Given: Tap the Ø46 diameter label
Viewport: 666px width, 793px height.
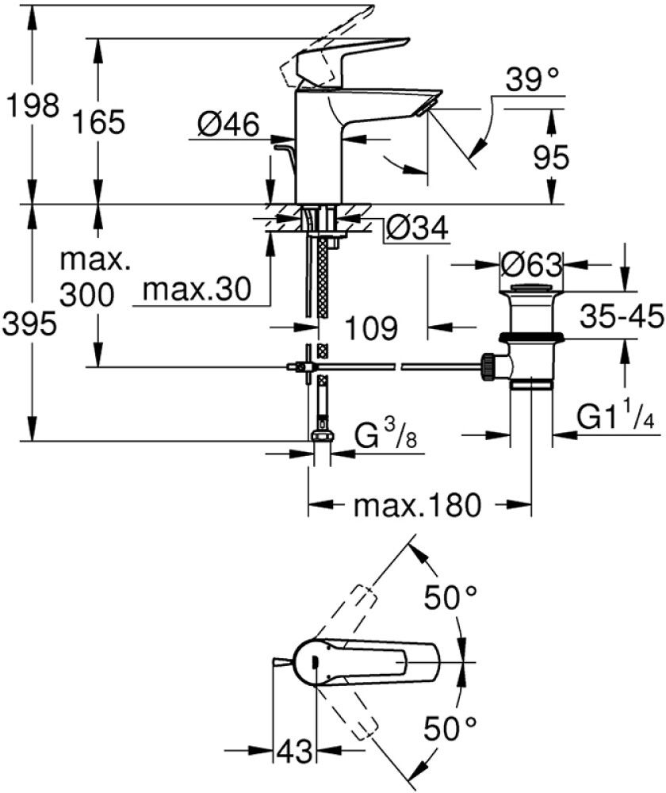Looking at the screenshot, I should click(x=229, y=125).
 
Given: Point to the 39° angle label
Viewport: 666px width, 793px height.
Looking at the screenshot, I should click(x=534, y=80).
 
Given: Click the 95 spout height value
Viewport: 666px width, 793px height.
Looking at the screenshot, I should click(x=550, y=159).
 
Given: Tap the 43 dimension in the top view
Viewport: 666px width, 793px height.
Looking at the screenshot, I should click(x=293, y=748).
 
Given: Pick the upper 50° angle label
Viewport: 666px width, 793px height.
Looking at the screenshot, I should click(x=450, y=597).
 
